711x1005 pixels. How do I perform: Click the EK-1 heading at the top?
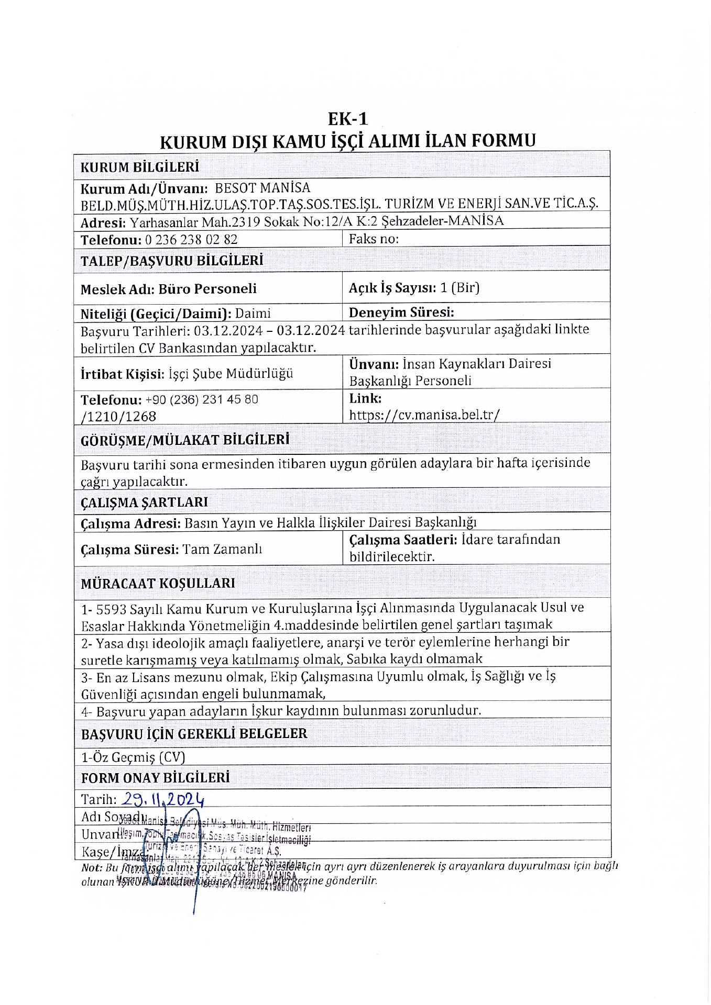(x=348, y=119)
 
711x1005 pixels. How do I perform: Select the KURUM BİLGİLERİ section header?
(x=139, y=167)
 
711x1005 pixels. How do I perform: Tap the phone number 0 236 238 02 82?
(x=190, y=240)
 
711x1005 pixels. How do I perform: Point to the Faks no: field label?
(x=374, y=239)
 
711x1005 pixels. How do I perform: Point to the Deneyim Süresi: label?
(x=401, y=312)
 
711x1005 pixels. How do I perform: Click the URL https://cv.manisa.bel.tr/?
(x=424, y=415)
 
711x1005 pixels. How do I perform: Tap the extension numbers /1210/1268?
(x=118, y=417)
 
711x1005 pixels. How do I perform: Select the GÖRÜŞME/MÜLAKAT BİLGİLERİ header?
(x=184, y=440)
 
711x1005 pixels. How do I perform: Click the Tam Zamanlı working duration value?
(x=222, y=549)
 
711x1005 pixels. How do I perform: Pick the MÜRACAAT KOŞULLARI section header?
(x=158, y=583)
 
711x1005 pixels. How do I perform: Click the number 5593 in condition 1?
(x=112, y=608)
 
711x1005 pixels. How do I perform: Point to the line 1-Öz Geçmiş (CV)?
(x=133, y=757)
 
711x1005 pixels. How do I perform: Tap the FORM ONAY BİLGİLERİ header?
(x=155, y=778)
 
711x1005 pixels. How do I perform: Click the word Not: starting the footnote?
(x=91, y=867)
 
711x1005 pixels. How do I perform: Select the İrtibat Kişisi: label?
(x=122, y=374)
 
